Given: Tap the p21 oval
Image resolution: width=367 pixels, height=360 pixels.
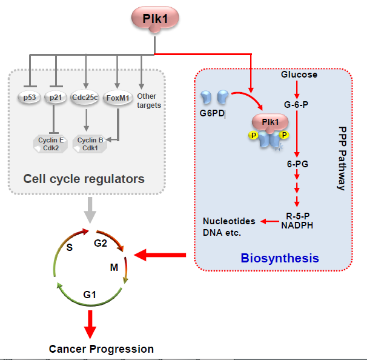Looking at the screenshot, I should (56, 98).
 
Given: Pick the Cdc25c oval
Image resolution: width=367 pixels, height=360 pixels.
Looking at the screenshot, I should (86, 98).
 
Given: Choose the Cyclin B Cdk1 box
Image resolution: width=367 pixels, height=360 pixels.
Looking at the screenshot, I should (88, 144).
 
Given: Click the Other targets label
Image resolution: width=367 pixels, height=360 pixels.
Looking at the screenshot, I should (149, 101).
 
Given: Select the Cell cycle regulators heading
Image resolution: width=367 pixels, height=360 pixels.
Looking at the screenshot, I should (84, 179).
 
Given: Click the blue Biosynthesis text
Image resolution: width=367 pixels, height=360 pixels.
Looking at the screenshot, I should (279, 258).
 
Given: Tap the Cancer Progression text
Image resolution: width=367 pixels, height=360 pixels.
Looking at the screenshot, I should (101, 348).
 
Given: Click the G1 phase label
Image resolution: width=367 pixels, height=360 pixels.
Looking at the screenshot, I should (90, 294).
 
